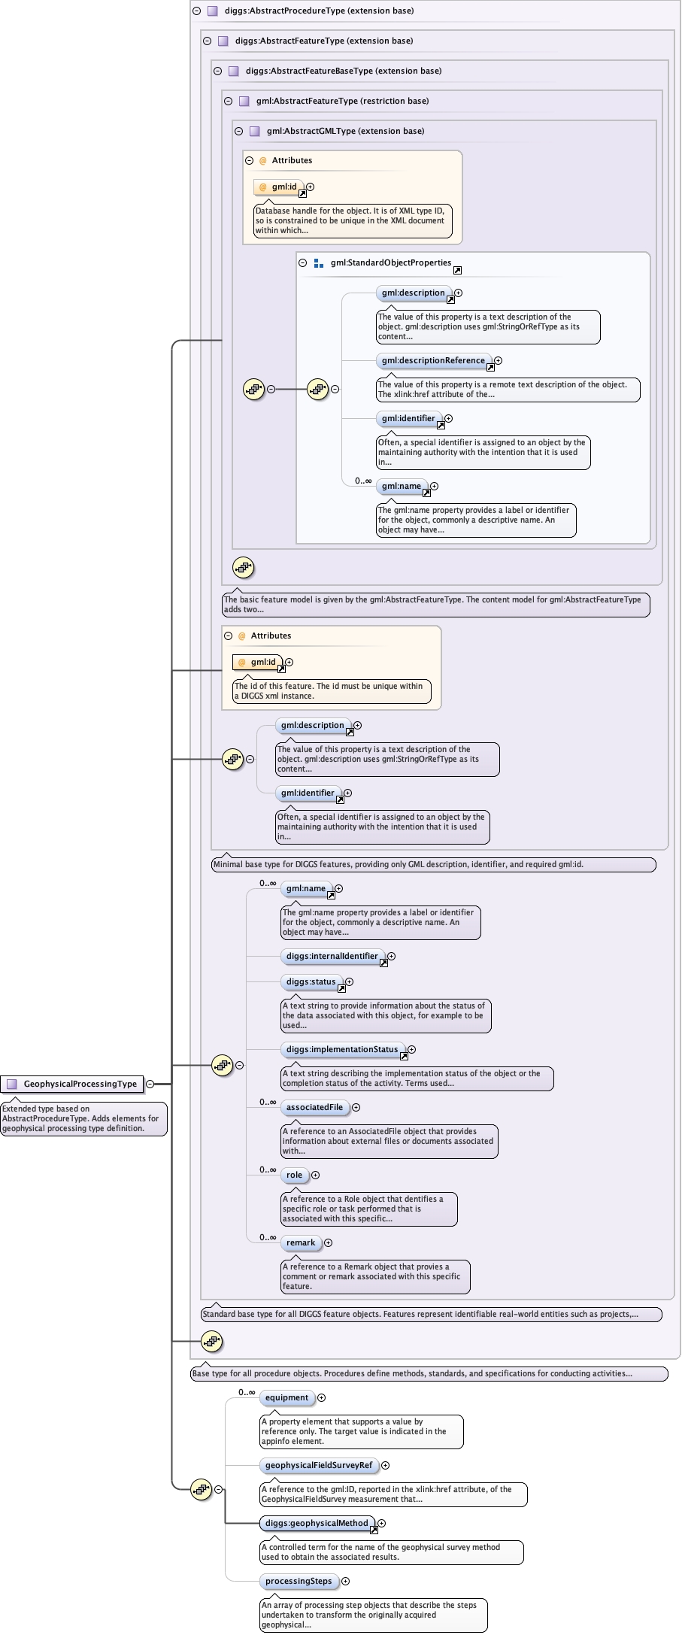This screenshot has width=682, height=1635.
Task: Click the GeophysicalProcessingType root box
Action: click(72, 1084)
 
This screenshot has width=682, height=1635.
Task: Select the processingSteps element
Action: click(299, 1581)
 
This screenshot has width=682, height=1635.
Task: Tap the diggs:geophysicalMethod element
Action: click(317, 1523)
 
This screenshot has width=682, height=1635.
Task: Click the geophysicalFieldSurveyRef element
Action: click(319, 1465)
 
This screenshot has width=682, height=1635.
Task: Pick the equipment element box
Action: click(286, 1397)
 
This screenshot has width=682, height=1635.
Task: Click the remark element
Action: click(301, 1242)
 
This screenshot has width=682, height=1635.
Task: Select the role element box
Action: click(294, 1175)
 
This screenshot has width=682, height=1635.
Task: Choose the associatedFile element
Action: click(314, 1107)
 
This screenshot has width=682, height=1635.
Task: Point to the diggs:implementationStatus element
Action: click(342, 1049)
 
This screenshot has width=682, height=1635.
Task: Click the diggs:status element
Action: click(311, 981)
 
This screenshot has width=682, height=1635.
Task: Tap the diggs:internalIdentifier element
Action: click(332, 956)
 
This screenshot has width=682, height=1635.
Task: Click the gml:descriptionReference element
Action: click(433, 360)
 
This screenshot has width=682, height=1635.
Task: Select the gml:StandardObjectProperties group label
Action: click(391, 262)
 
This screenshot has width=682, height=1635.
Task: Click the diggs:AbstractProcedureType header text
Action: click(319, 11)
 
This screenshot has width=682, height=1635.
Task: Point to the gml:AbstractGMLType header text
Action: click(345, 131)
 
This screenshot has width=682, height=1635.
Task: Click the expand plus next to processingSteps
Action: click(346, 1581)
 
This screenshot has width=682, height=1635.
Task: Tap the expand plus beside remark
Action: click(328, 1242)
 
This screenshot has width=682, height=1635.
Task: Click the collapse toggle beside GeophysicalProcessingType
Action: click(150, 1084)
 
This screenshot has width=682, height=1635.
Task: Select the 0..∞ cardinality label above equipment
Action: click(247, 1392)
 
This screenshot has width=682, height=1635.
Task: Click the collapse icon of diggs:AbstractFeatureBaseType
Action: click(217, 71)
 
